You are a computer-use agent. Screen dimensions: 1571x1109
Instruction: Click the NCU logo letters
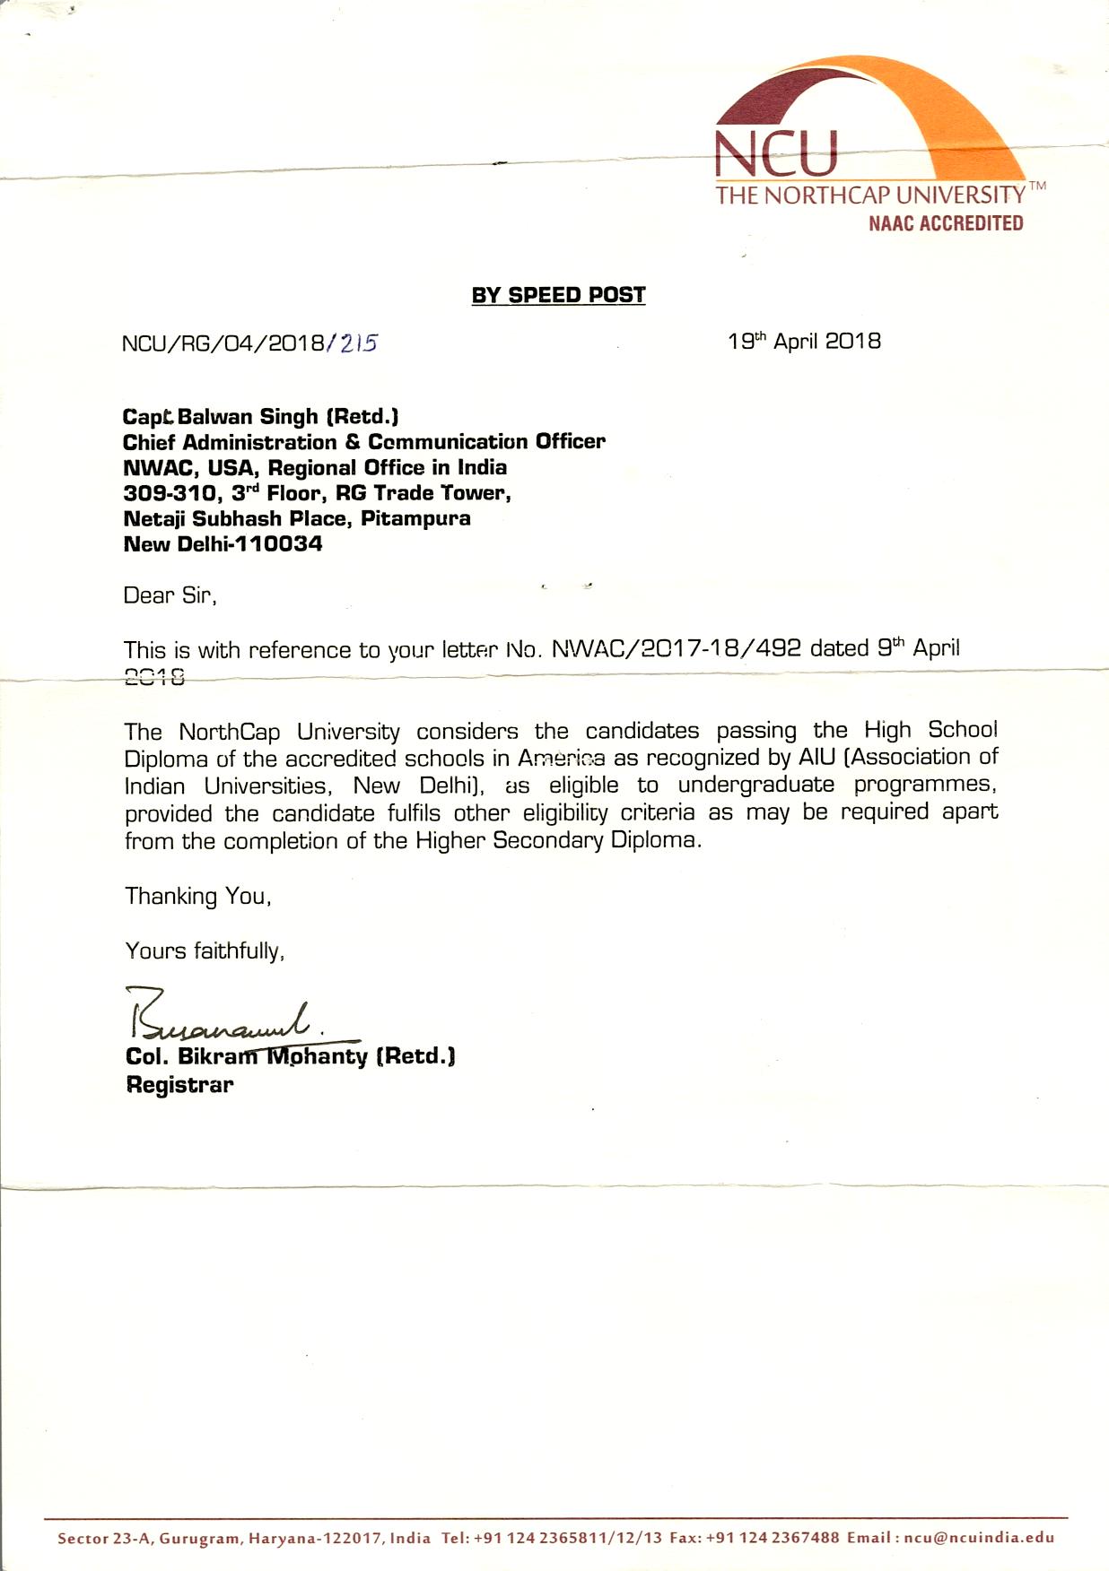pyautogui.click(x=776, y=153)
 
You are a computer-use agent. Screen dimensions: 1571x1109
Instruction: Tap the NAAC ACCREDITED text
pyautogui.click(x=945, y=223)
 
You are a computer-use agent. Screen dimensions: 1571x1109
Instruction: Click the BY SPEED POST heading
pyautogui.click(x=558, y=295)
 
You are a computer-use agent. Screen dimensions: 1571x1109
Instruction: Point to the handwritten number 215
pyautogui.click(x=358, y=343)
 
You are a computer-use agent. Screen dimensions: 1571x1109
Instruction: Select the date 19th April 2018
pyautogui.click(x=804, y=342)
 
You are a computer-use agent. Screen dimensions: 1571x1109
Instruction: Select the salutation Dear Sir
pyautogui.click(x=170, y=595)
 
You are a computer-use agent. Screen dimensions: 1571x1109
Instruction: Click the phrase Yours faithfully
pyautogui.click(x=205, y=950)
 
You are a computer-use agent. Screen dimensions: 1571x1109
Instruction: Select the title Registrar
pyautogui.click(x=179, y=1085)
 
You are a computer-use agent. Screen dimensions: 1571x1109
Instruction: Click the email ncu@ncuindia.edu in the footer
pyautogui.click(x=979, y=1537)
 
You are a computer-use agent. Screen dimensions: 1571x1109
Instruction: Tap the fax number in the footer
pyautogui.click(x=773, y=1537)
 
